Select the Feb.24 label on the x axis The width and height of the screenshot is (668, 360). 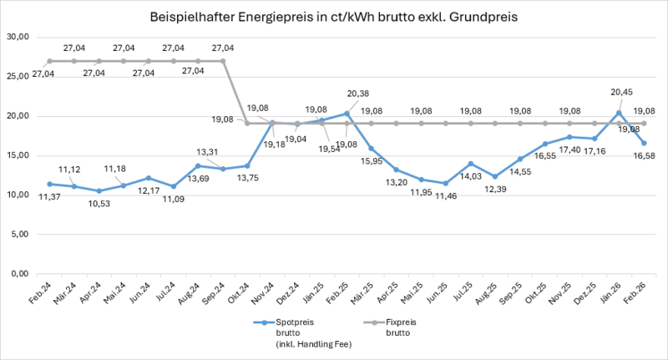pos(43,294)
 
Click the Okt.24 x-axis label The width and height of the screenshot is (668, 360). pos(240,294)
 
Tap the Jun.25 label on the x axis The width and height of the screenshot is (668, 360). pos(437,294)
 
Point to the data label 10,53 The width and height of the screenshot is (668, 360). pos(99,204)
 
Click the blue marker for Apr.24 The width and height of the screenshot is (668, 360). pos(99,190)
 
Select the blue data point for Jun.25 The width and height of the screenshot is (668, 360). pos(446,183)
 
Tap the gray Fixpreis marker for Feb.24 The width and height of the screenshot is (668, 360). pos(50,61)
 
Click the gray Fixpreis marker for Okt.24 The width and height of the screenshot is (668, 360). pos(247,124)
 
